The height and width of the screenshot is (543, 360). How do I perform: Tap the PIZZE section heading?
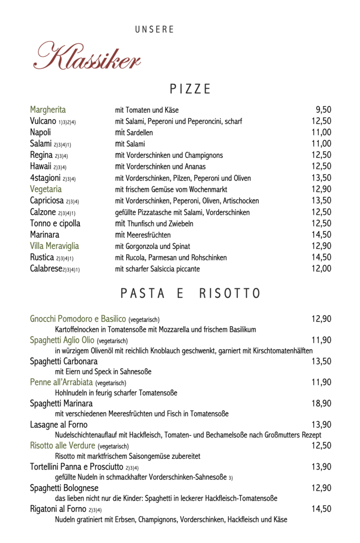coord(190,89)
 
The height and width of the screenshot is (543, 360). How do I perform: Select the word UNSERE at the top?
coord(154,30)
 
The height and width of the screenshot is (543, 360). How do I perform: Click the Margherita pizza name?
coord(48,110)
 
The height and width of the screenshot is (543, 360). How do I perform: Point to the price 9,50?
coord(323,110)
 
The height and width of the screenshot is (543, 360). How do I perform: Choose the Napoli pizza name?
coord(40,132)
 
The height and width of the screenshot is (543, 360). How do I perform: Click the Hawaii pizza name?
coord(41,166)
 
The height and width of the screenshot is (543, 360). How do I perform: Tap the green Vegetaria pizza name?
coord(46,189)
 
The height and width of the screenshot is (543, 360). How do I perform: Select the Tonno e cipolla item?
coord(55,223)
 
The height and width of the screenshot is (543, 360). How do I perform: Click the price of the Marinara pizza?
coord(321,234)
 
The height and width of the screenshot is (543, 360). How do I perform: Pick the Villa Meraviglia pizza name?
coord(54,246)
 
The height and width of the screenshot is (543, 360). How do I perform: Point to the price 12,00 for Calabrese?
coord(321,268)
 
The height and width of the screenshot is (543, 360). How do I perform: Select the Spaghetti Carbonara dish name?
coord(64,361)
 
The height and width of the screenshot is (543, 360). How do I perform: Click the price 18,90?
coord(321,403)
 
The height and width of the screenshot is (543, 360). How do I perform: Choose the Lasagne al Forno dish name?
coord(58,424)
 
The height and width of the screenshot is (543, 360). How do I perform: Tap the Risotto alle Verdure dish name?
coord(63,445)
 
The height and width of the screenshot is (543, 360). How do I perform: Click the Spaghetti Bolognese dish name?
coord(64,488)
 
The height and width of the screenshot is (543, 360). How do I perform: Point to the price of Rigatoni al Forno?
coord(321,509)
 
